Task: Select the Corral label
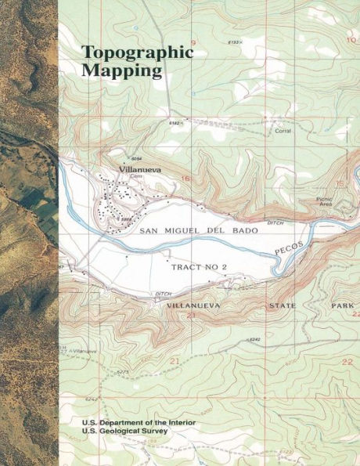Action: tap(283, 132)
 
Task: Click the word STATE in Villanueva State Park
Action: tap(284, 305)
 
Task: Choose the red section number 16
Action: tap(185, 179)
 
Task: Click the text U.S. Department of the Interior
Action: tap(139, 422)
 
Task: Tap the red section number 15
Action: tap(339, 183)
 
